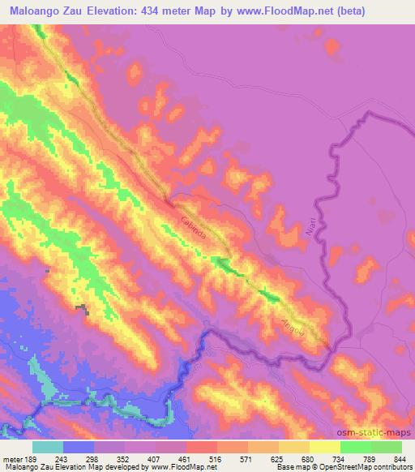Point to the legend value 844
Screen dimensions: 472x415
tap(398, 459)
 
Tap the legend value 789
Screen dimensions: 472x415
tap(366, 459)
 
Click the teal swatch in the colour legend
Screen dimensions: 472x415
tap(48, 447)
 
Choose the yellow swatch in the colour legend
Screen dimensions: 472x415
tap(325, 447)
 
